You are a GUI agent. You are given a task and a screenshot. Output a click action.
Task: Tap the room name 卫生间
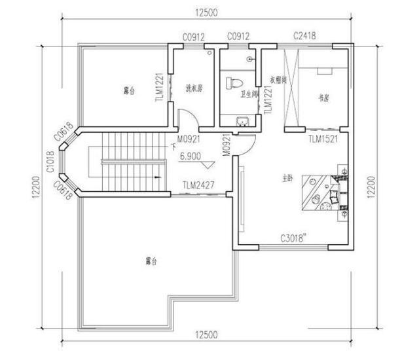[x=247, y=94]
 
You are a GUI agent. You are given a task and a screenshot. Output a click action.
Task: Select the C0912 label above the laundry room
[x=195, y=37]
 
